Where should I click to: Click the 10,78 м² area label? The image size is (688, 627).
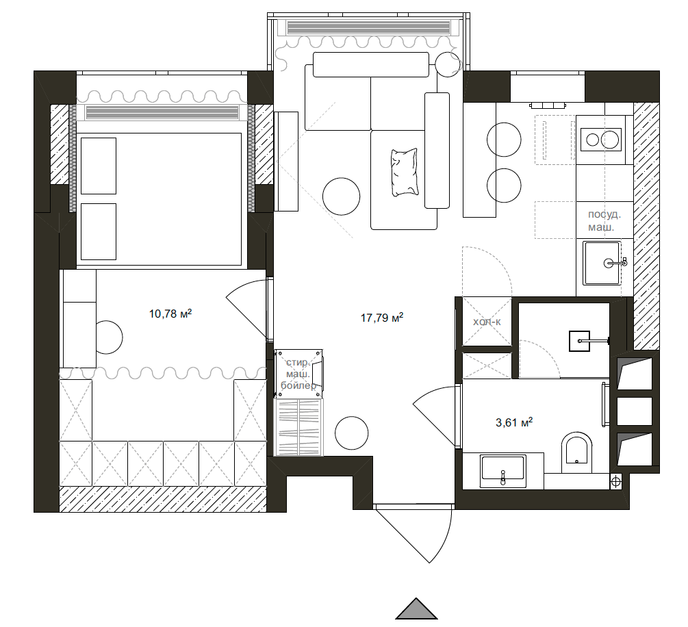pyautogui.click(x=170, y=313)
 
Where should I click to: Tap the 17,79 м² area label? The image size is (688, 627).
pyautogui.click(x=382, y=317)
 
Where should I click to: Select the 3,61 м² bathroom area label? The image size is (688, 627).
pyautogui.click(x=514, y=422)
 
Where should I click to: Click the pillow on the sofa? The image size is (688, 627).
pyautogui.click(x=404, y=172)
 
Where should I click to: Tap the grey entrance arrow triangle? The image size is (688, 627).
pyautogui.click(x=416, y=609)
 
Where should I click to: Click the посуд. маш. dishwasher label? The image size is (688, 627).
pyautogui.click(x=604, y=220)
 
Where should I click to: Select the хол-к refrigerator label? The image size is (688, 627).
pyautogui.click(x=487, y=322)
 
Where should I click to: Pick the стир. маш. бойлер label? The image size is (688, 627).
pyautogui.click(x=298, y=374)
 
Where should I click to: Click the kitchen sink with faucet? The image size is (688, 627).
pyautogui.click(x=602, y=263)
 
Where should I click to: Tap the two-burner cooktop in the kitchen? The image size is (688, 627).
pyautogui.click(x=600, y=140)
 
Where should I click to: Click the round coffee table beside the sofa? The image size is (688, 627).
pyautogui.click(x=341, y=196)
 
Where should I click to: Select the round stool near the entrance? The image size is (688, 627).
pyautogui.click(x=351, y=433)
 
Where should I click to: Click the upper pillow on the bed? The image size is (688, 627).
pyautogui.click(x=99, y=166)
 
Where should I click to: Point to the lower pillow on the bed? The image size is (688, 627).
pyautogui.click(x=99, y=231)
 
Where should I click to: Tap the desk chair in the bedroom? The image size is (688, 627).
pyautogui.click(x=110, y=337)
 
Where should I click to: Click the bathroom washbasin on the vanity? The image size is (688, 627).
pyautogui.click(x=503, y=471)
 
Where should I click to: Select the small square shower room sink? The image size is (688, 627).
pyautogui.click(x=580, y=341)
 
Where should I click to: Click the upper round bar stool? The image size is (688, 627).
pyautogui.click(x=504, y=140)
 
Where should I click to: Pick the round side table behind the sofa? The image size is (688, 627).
pyautogui.click(x=448, y=64)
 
